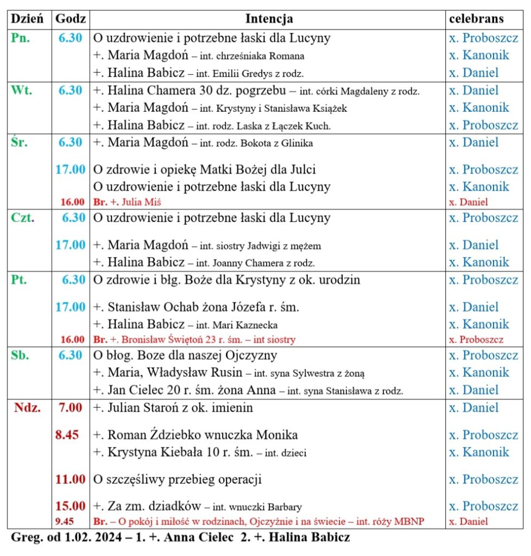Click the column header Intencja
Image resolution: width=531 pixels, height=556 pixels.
point(269,19)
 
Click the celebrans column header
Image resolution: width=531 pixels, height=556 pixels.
point(476,19)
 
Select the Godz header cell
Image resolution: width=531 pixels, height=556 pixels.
point(71,19)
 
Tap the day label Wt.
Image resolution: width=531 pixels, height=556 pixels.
point(22,90)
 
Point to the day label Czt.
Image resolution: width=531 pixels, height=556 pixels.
point(23,218)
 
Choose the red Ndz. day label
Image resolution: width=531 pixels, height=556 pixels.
point(27,408)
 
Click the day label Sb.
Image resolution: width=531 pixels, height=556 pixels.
point(21,355)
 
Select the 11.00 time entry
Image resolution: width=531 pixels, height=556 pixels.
point(71,479)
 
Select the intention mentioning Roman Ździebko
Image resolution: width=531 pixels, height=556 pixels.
point(195,435)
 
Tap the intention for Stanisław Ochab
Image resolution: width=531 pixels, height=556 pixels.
point(196,307)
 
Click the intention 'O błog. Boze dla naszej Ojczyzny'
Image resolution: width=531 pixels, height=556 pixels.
point(185,355)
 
